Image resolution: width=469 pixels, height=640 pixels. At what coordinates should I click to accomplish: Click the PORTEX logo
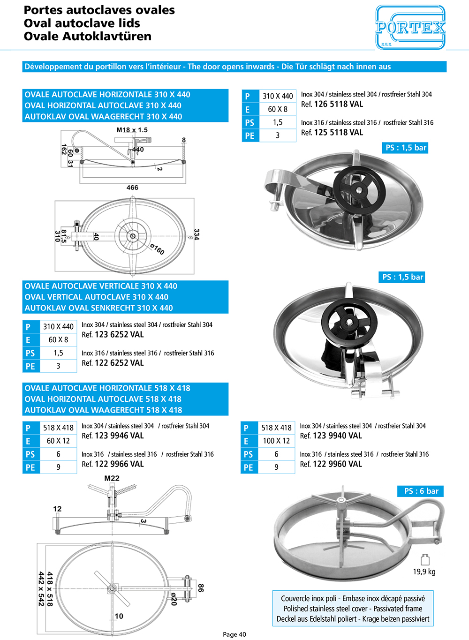[410, 28]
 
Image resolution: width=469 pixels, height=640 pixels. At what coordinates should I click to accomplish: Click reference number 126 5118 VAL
[338, 104]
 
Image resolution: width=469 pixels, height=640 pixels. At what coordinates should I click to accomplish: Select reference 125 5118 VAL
[338, 133]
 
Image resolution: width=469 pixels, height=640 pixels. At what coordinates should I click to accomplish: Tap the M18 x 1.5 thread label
[132, 130]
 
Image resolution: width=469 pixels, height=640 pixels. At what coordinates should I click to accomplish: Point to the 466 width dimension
[132, 188]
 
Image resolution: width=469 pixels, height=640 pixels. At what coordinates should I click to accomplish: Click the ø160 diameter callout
[157, 249]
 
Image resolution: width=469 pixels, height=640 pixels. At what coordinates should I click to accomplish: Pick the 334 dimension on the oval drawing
[197, 234]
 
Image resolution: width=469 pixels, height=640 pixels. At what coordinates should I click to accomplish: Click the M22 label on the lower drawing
[112, 478]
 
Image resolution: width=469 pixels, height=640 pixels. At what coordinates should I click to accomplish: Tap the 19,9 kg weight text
[424, 572]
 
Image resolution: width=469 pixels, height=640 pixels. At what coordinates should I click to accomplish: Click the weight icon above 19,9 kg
[425, 559]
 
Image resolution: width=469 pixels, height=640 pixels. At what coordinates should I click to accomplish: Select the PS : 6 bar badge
[421, 491]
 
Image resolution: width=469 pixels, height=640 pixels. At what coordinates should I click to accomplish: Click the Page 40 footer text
[234, 634]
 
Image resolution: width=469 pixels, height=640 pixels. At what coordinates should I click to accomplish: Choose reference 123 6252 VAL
[119, 335]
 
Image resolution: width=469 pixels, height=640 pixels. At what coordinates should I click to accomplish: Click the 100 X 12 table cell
[276, 441]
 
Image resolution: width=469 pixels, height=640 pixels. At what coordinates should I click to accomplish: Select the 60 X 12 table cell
[58, 441]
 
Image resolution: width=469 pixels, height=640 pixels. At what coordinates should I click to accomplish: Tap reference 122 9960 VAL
[337, 464]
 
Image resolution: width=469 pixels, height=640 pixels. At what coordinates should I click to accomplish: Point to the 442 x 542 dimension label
[41, 588]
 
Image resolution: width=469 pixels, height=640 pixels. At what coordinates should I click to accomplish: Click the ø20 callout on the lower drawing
[174, 599]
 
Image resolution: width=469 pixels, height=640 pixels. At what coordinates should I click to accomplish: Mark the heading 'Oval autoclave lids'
[82, 23]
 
